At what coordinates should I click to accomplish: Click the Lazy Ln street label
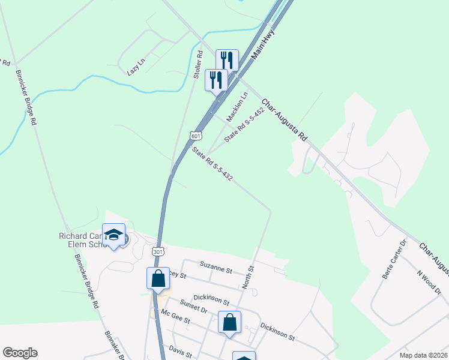[x=137, y=67]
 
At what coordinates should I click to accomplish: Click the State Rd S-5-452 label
[x=244, y=125]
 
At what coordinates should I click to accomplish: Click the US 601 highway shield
[x=196, y=136]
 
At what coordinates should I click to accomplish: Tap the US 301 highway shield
[x=157, y=252]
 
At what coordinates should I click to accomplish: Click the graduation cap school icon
[x=113, y=235]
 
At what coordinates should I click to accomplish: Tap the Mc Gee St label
[x=175, y=317]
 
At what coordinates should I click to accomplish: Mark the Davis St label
[x=179, y=349]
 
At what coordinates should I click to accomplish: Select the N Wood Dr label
[x=429, y=280]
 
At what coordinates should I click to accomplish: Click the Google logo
[x=20, y=353]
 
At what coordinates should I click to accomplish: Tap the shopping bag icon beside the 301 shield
[x=158, y=278]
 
